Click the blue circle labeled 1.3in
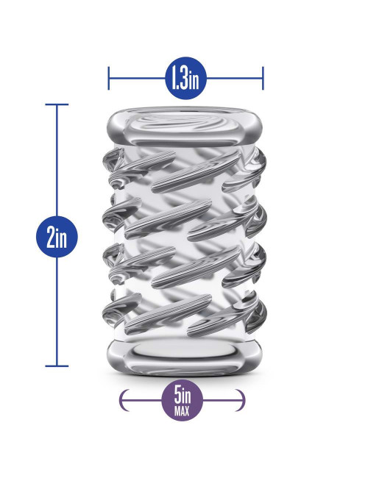click(185, 79)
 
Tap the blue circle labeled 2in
click(57, 237)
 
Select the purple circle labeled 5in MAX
click(183, 400)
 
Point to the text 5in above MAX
click(183, 396)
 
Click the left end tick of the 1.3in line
click(109, 79)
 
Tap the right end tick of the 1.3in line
click(263, 79)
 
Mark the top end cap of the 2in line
click(57, 104)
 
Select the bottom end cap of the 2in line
click(57, 365)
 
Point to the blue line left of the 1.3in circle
click(138, 79)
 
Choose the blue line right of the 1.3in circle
click(234, 79)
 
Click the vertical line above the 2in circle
click(57, 160)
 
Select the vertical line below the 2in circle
click(57, 311)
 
